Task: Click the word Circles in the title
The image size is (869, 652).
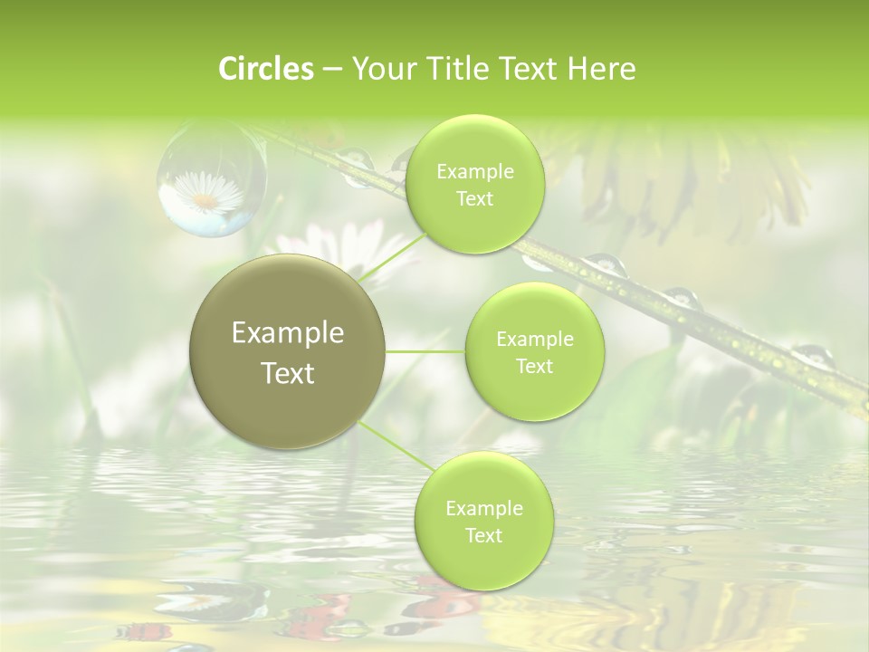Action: [265, 69]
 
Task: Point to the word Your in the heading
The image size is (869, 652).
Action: [381, 69]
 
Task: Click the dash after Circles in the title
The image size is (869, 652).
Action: [331, 70]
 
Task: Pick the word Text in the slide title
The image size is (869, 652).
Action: [523, 69]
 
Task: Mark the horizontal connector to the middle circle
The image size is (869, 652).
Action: [425, 351]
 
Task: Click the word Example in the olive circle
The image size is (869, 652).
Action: [288, 333]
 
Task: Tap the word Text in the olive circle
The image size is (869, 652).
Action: [288, 373]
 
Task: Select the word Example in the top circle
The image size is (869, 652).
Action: [475, 172]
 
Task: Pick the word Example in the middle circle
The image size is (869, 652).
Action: [535, 340]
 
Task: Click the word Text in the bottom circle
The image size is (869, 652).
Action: [484, 535]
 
